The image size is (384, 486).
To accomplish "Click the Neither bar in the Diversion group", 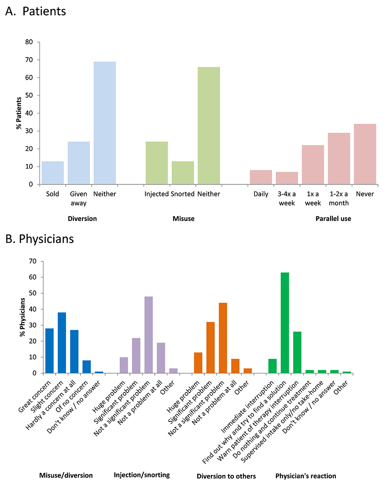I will [x=105, y=123].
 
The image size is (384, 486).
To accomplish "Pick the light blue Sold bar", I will [x=53, y=173].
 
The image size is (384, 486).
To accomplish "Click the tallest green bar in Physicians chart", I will [x=285, y=323].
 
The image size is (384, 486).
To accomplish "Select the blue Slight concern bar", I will [x=62, y=343].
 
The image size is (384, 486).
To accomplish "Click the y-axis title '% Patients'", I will [x=18, y=113].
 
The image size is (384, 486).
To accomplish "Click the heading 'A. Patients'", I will [x=36, y=11].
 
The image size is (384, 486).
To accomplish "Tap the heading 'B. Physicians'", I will [x=40, y=239].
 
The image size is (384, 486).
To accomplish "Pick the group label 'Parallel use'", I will [x=333, y=219].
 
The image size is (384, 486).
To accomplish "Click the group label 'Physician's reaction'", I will [x=306, y=476].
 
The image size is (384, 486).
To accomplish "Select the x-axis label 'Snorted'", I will [x=183, y=194].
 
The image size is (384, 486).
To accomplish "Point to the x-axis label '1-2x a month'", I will [x=339, y=198].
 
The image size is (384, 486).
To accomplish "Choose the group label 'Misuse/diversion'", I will [x=66, y=475].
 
